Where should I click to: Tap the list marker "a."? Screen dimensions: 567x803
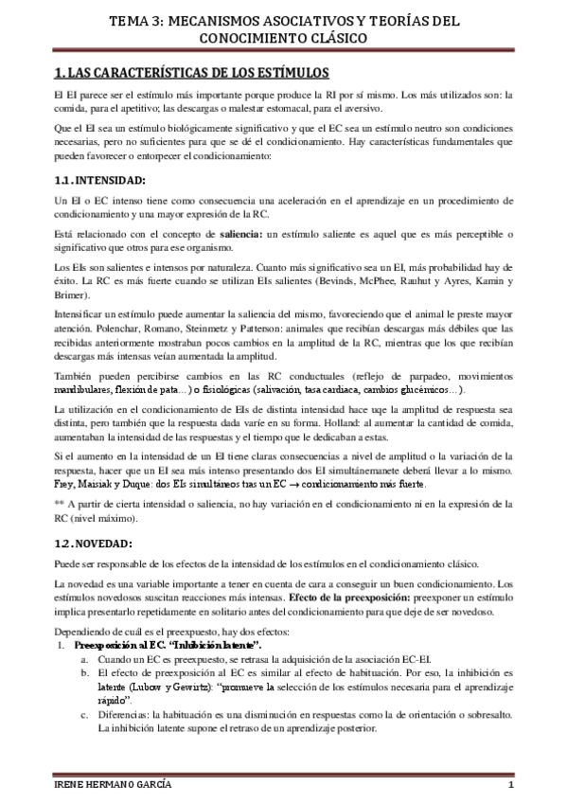coord(85,659)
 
